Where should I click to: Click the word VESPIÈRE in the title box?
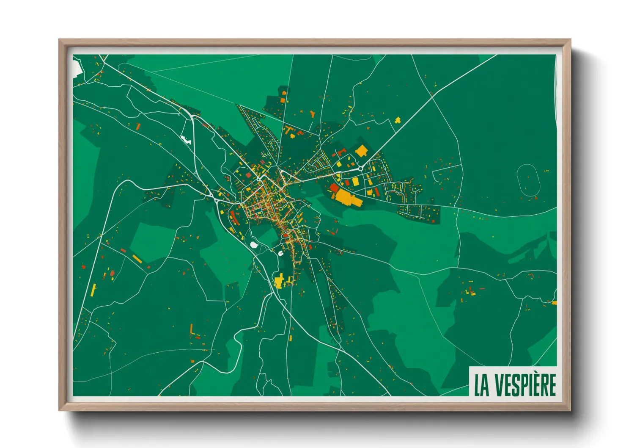525,384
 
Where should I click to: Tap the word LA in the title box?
482,384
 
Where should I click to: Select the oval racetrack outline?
528,180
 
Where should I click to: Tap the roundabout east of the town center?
360,168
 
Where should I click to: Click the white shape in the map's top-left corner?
77,68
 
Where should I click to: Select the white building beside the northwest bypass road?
185,138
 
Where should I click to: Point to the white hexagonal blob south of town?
254,245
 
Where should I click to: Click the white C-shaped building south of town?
280,253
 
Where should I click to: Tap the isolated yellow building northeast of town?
398,121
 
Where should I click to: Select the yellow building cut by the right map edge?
554,303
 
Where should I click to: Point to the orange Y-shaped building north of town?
313,114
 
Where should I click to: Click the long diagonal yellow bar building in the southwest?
137,258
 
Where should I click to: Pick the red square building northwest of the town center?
138,126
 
